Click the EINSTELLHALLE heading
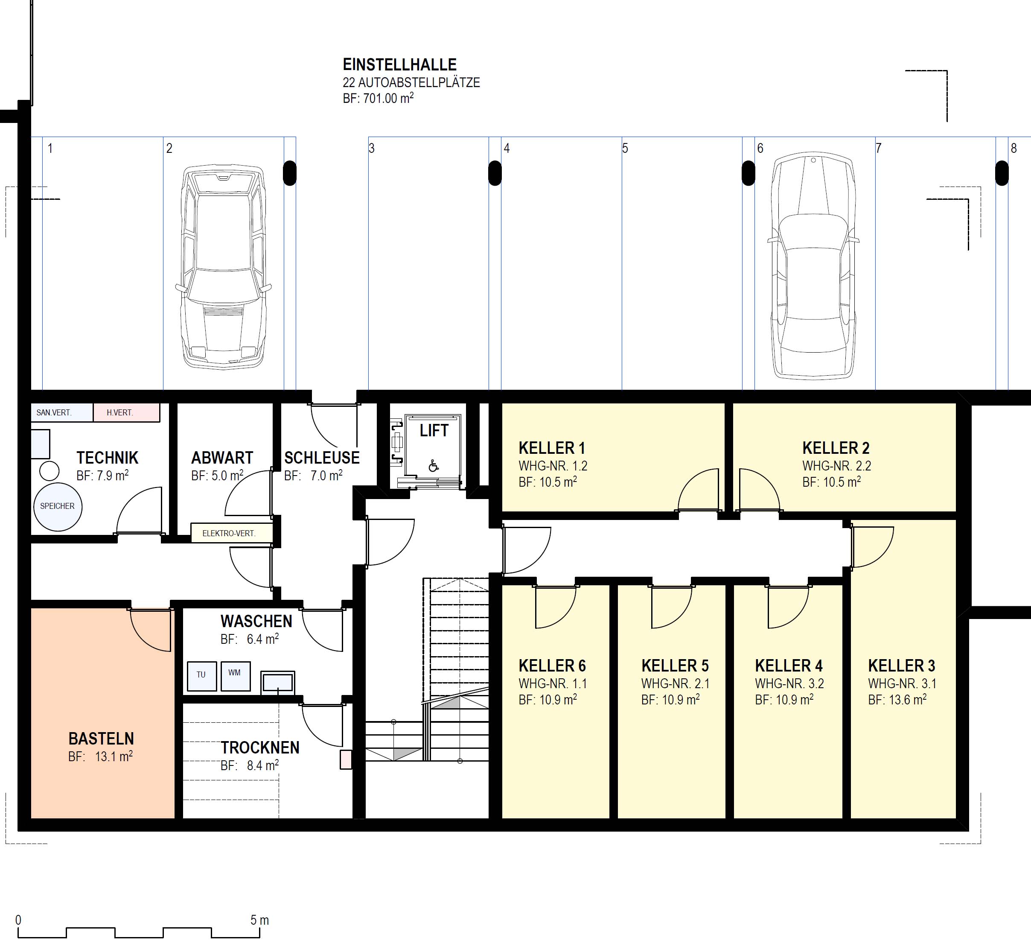coord(399,65)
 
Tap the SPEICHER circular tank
coord(58,507)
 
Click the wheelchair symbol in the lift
coord(434,466)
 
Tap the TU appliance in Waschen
coord(201,676)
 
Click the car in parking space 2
coord(224,267)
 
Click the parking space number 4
coord(507,149)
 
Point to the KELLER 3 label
coord(901,666)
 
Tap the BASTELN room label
coord(102,739)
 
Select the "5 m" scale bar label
coord(259,920)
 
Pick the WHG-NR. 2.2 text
coord(837,466)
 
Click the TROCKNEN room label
coord(260,748)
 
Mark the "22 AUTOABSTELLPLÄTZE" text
coord(411,82)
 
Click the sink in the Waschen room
coord(278,683)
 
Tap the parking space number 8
coord(1014,149)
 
